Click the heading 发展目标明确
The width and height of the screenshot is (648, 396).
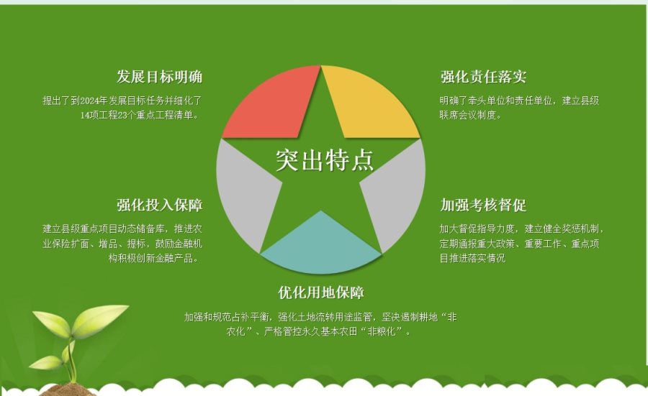(160, 77)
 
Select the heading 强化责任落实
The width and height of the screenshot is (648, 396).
(483, 77)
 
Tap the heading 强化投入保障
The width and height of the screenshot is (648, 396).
(160, 205)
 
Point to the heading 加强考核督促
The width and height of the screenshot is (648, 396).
(483, 205)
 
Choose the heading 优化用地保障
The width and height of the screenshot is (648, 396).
(321, 293)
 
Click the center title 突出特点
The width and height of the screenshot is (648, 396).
(325, 160)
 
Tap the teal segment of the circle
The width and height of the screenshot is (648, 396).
(321, 247)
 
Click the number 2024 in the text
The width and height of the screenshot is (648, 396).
(89, 101)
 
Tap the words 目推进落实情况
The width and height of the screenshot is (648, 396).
(472, 259)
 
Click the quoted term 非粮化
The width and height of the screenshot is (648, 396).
(382, 331)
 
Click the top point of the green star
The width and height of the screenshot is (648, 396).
(321, 66)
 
